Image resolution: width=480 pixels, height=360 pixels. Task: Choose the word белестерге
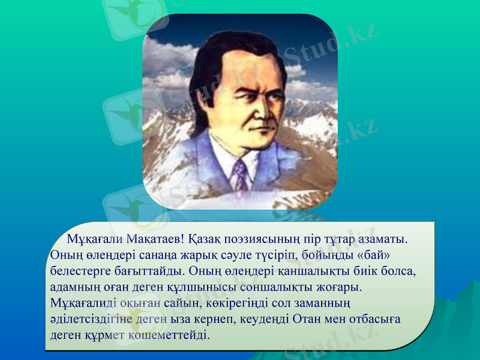point(80,271)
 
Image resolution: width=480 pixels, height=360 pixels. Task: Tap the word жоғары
point(341,286)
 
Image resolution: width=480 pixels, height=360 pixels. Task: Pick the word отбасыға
point(373,318)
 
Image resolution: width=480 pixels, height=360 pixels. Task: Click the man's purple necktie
point(240,175)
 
